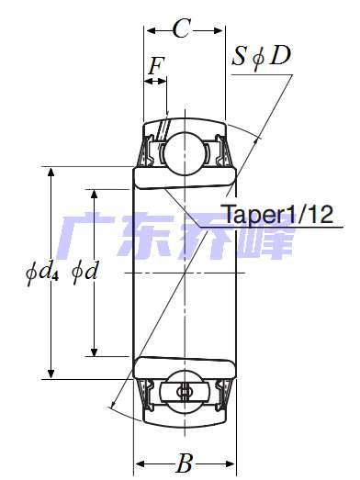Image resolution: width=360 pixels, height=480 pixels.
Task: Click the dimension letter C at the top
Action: (x=182, y=29)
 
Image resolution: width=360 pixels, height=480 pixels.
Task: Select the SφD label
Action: (x=261, y=57)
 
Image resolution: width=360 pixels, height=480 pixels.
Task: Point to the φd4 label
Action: (x=41, y=273)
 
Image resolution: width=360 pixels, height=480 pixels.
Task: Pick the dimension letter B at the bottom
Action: (x=185, y=464)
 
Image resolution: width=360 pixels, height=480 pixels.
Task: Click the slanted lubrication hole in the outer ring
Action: (x=166, y=128)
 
